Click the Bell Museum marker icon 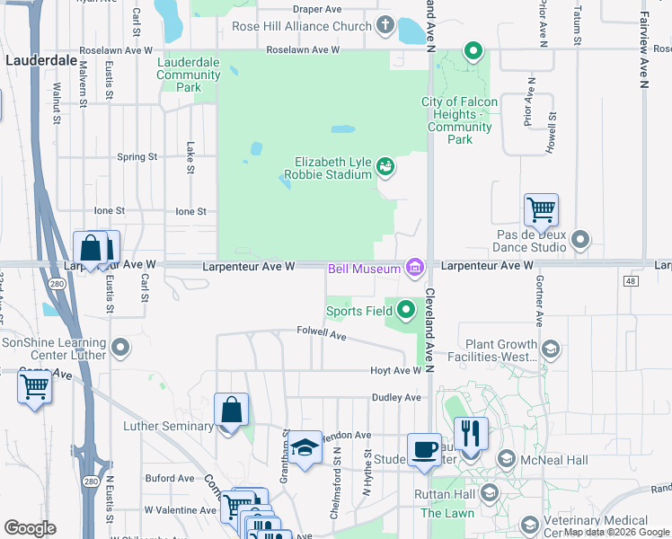pyautogui.click(x=414, y=268)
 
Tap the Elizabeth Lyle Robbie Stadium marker pyautogui.click(x=385, y=165)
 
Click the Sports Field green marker pyautogui.click(x=406, y=311)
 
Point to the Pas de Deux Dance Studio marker pyautogui.click(x=580, y=240)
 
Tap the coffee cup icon pyautogui.click(x=424, y=450)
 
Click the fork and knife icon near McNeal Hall pyautogui.click(x=471, y=435)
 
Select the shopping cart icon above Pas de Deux pyautogui.click(x=541, y=210)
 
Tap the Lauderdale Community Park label pyautogui.click(x=189, y=75)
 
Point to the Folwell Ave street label pyautogui.click(x=322, y=333)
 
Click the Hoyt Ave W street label pyautogui.click(x=397, y=370)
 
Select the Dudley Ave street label pyautogui.click(x=396, y=397)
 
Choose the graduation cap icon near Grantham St pyautogui.click(x=305, y=448)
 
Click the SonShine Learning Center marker pyautogui.click(x=120, y=344)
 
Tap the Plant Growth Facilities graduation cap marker pyautogui.click(x=549, y=349)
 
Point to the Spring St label pyautogui.click(x=137, y=156)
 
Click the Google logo pyautogui.click(x=30, y=528)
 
